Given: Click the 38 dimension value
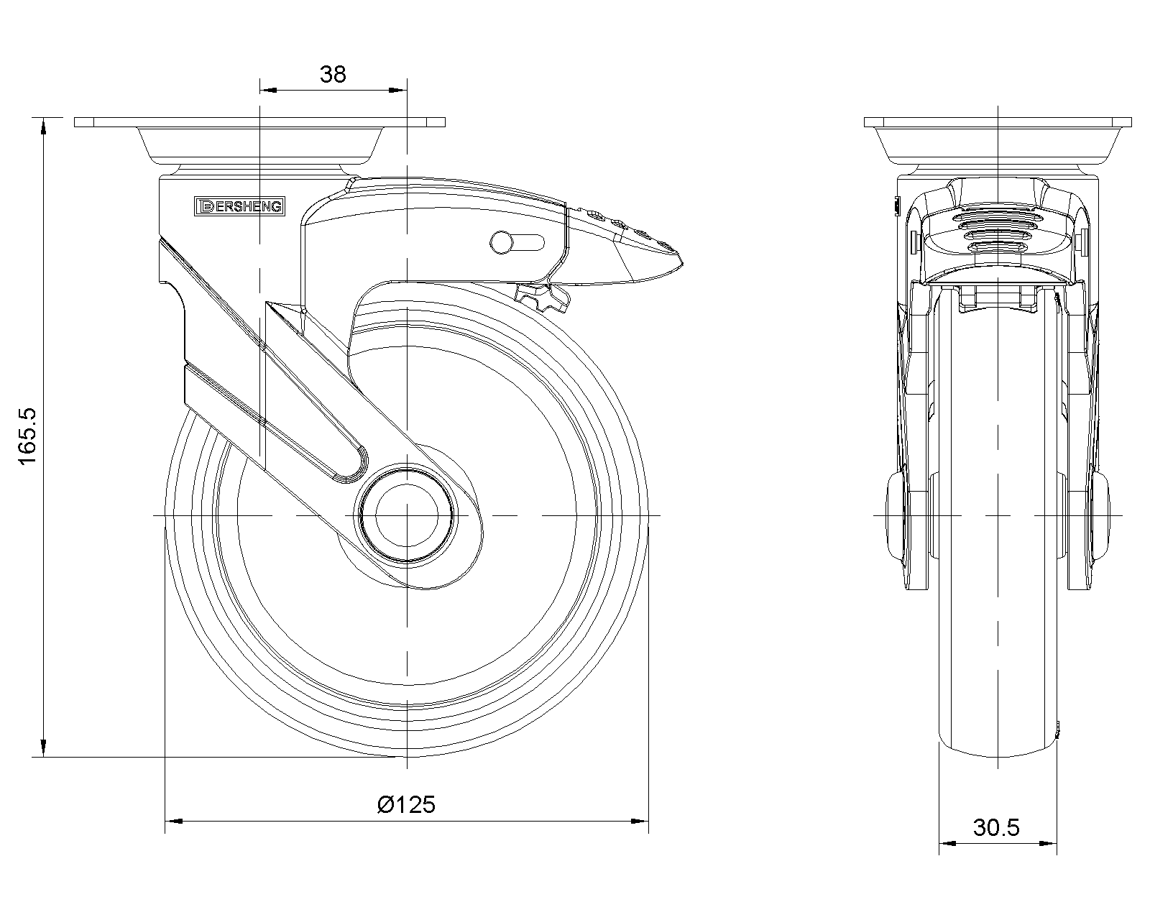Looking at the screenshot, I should pyautogui.click(x=333, y=74).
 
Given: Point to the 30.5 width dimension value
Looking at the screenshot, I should pyautogui.click(x=997, y=827).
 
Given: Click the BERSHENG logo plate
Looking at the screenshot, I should pyautogui.click(x=240, y=207).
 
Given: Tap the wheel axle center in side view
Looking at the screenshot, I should pyautogui.click(x=407, y=515).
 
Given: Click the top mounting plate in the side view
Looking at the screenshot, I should pyautogui.click(x=259, y=122).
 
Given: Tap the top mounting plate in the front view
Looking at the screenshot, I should pyautogui.click(x=998, y=122).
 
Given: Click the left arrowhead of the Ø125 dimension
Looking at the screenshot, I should pyautogui.click(x=172, y=820).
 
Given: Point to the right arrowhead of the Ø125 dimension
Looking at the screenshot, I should pyautogui.click(x=641, y=820).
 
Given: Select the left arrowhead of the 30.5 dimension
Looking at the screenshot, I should pyautogui.click(x=945, y=843).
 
